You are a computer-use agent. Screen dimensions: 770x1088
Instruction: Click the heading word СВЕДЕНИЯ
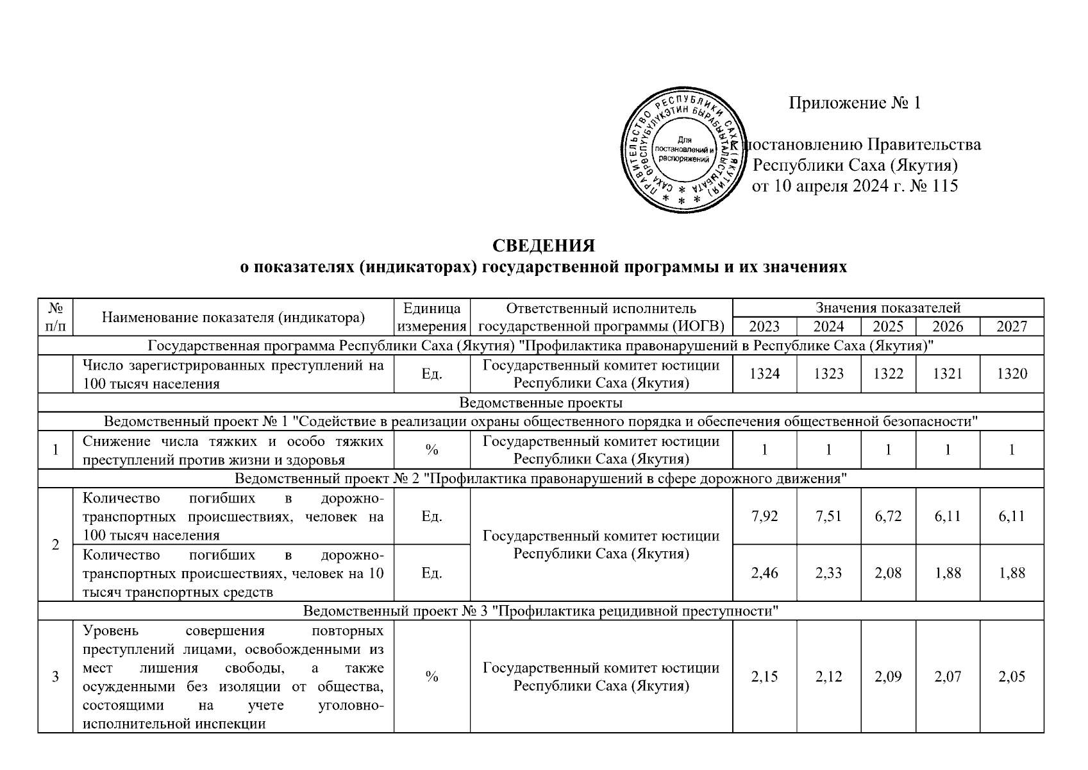coord(543,246)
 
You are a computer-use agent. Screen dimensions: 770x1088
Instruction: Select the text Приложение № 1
coord(855,103)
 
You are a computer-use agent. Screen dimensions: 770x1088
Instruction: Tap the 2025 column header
coord(888,327)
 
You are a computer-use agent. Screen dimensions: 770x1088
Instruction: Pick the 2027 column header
coord(1012,327)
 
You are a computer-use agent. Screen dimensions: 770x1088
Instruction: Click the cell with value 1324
coord(764,373)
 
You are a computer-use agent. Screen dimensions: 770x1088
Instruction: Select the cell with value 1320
coord(1012,373)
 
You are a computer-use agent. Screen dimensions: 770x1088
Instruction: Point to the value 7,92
coord(764,516)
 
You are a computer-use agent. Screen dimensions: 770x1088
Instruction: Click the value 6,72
coord(888,516)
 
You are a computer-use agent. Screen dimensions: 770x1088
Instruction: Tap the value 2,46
coord(764,572)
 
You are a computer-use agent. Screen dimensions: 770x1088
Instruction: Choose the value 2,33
coord(828,572)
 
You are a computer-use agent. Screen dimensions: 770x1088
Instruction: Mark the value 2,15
coord(764,676)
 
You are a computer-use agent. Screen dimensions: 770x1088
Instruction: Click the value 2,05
coord(1012,676)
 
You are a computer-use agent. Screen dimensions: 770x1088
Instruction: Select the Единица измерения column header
coord(431,317)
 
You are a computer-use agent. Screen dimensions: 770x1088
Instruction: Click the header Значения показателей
coord(888,308)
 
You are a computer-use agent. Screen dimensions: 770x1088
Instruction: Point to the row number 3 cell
coord(55,676)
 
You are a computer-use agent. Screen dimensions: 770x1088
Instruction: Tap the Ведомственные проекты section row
coord(540,403)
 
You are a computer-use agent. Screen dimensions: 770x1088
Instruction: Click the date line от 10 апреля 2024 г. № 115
coord(855,187)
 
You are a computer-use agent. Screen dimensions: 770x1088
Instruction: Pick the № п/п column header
coord(55,317)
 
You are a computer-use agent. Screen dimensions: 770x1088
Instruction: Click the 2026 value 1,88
coord(948,572)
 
